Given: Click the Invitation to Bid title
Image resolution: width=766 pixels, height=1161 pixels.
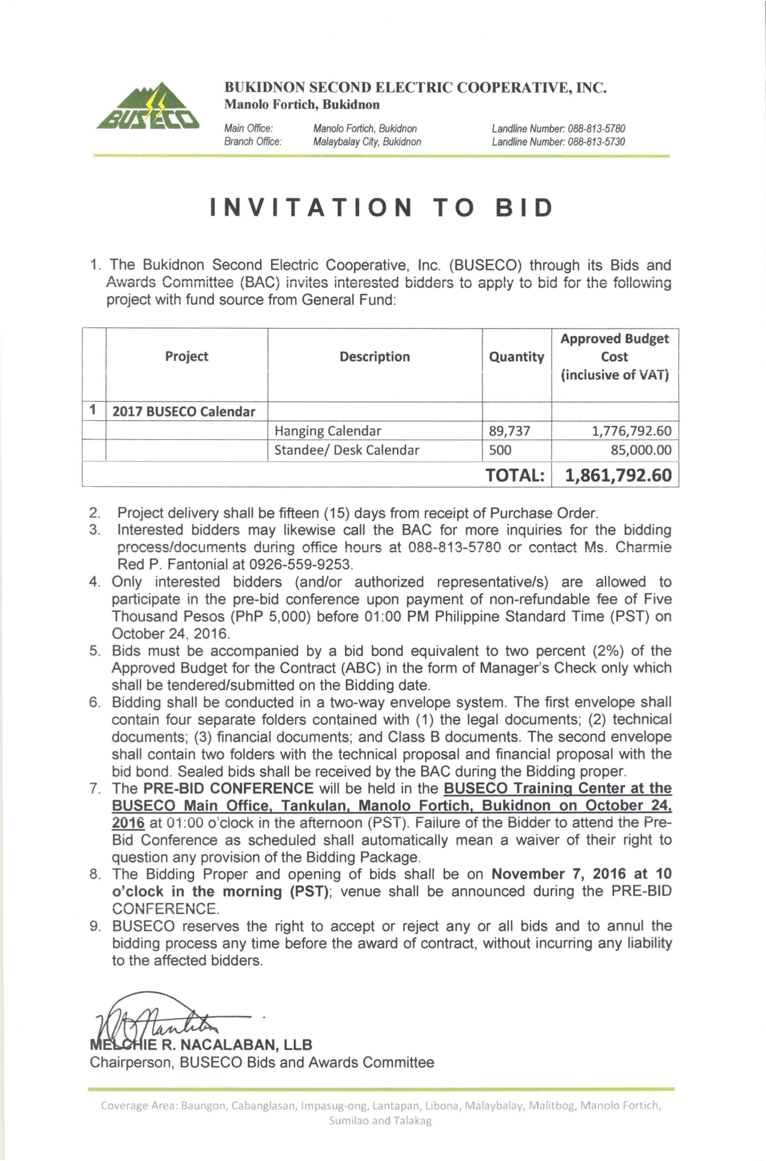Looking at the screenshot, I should click(382, 208).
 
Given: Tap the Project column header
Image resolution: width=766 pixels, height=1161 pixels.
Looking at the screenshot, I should click(186, 356).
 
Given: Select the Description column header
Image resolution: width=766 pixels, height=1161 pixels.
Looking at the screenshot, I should click(374, 356).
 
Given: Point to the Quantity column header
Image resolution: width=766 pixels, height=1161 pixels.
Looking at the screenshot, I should click(516, 357).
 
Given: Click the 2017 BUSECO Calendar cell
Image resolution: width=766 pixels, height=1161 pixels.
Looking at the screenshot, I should click(184, 412).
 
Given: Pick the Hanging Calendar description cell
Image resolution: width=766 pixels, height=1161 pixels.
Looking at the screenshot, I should click(328, 431).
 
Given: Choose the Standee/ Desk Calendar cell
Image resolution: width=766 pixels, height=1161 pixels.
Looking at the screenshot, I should click(347, 450).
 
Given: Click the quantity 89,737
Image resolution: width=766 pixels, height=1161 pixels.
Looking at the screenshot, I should click(510, 431).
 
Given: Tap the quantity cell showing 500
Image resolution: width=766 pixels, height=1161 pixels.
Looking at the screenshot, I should click(500, 450).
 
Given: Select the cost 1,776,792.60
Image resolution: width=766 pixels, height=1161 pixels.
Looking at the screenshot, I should click(631, 431).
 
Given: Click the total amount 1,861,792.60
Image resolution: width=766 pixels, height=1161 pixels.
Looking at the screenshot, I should click(618, 475).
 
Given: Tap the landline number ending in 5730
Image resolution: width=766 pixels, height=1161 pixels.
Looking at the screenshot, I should click(558, 142).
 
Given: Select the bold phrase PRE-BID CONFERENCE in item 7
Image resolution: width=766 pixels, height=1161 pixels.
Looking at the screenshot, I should click(228, 788).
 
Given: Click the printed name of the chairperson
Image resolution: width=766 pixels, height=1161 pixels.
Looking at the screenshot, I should click(201, 1044).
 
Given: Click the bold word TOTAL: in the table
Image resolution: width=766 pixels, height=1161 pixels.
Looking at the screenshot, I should click(515, 475).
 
